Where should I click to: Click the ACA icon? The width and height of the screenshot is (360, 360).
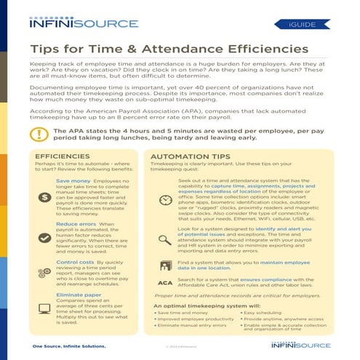pos(164,281)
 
